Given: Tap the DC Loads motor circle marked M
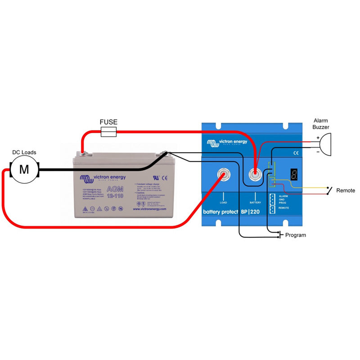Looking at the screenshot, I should (25, 170).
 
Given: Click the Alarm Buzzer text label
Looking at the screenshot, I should (321, 124).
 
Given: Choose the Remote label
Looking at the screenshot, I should (346, 191).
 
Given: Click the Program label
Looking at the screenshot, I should (296, 235).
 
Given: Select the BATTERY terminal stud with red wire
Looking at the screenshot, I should (256, 173).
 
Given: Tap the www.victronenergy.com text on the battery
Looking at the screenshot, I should (150, 209).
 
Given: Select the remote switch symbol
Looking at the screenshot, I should (331, 190).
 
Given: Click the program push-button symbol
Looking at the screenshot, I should (280, 234).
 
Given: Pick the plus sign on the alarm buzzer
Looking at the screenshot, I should (318, 138).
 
